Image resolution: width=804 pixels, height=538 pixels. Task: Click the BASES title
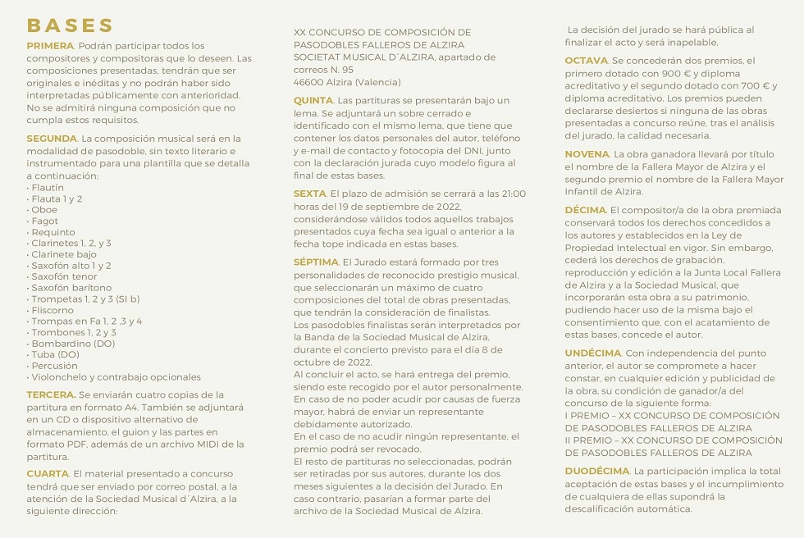(71, 25)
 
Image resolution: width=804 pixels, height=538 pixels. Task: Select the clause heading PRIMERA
(50, 46)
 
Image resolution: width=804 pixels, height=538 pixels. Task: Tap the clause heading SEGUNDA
(51, 139)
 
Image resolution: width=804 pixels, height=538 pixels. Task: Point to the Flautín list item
(46, 188)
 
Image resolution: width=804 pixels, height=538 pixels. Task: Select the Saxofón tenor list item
(64, 276)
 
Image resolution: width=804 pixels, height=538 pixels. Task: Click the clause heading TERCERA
(50, 395)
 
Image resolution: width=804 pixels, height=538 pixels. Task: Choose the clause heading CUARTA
(48, 474)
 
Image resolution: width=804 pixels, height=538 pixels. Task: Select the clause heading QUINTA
(313, 100)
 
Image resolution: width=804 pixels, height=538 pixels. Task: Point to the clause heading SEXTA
(309, 194)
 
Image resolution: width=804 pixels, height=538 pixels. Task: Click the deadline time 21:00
(514, 194)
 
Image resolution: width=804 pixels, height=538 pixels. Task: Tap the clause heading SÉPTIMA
(316, 262)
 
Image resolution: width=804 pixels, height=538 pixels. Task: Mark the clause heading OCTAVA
(586, 61)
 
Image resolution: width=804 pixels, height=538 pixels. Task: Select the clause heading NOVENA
(587, 154)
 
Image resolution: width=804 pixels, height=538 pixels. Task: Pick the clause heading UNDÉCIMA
(592, 353)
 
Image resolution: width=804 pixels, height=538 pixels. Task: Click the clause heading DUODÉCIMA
(596, 471)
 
